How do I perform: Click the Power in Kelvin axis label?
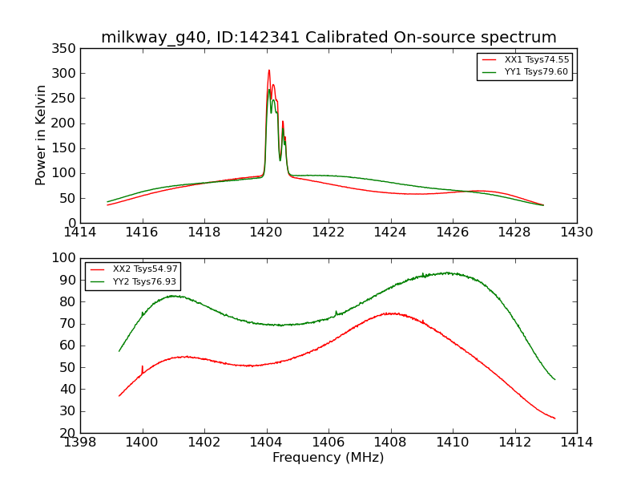pyautogui.click(x=41, y=135)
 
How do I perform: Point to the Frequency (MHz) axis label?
pyautogui.click(x=328, y=458)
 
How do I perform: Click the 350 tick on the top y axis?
pyautogui.click(x=67, y=49)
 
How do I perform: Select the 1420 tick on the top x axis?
pyautogui.click(x=266, y=232)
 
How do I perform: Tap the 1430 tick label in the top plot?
pyautogui.click(x=576, y=232)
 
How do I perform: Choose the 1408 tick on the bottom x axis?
pyautogui.click(x=390, y=443)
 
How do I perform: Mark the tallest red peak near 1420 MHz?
pyautogui.click(x=269, y=71)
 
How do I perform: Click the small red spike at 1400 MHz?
pyautogui.click(x=143, y=367)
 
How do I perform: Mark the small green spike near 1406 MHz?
pyautogui.click(x=336, y=312)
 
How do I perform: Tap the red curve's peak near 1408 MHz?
pyautogui.click(x=389, y=313)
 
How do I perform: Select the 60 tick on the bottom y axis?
pyautogui.click(x=70, y=346)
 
